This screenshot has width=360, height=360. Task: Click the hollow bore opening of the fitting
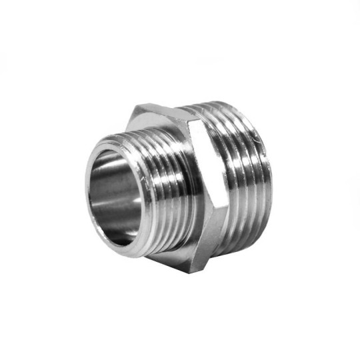[x=113, y=193]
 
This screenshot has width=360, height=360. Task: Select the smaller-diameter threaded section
[x=160, y=193]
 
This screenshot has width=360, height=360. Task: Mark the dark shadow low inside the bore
[x=120, y=223]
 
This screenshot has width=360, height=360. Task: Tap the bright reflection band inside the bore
[x=107, y=190]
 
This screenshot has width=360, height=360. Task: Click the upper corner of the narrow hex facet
[x=193, y=120]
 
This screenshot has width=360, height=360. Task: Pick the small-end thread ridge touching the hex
[x=180, y=193]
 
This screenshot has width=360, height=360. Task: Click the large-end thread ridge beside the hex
[x=220, y=187]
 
